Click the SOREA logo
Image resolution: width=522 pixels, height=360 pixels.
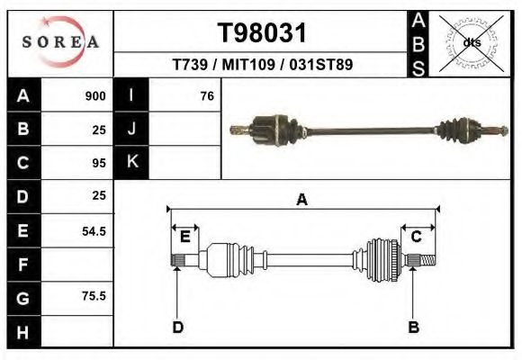[60, 43]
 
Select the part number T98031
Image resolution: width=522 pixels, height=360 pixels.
[262, 33]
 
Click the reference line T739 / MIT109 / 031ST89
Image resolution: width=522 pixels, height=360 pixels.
[262, 65]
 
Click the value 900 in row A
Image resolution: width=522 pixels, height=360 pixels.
[95, 96]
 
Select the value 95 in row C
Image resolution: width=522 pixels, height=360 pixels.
[99, 163]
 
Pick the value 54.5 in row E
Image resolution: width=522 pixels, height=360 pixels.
[94, 230]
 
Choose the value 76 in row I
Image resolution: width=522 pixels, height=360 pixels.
[206, 96]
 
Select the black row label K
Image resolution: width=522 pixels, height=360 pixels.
[131, 163]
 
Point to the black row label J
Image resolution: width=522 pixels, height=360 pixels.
[131, 130]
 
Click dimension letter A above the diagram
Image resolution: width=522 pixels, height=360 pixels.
[301, 200]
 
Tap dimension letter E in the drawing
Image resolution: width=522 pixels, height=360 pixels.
[184, 236]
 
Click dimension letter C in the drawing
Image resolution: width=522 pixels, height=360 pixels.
[417, 236]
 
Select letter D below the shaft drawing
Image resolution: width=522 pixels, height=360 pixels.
[178, 327]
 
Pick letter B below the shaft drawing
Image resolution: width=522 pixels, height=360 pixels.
[414, 327]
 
